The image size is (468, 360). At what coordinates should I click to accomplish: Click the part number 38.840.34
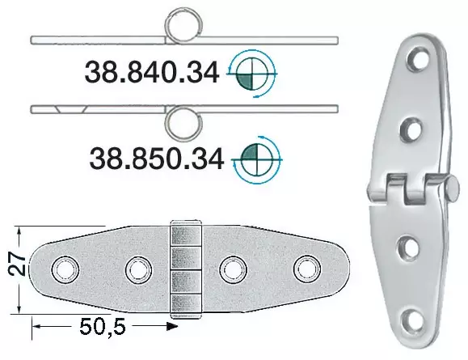(152, 74)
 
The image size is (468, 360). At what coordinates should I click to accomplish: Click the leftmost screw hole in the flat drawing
(62, 269)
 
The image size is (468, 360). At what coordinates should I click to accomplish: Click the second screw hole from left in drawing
(136, 269)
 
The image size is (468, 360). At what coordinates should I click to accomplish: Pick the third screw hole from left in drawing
(234, 269)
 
